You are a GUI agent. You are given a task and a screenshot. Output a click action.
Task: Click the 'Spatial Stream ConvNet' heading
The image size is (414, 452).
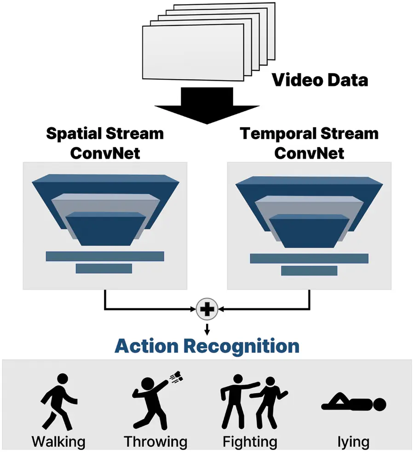point(105,143)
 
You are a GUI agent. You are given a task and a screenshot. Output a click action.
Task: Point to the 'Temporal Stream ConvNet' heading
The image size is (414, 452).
point(309,143)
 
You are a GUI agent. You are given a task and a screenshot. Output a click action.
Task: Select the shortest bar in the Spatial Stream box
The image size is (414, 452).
point(104,268)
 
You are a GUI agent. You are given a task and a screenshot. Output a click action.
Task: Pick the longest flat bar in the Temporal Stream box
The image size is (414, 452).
point(309,258)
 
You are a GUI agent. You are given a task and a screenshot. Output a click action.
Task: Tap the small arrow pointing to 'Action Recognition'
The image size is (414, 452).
point(207,329)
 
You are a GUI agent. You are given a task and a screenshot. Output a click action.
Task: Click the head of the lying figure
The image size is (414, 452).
point(379,405)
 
